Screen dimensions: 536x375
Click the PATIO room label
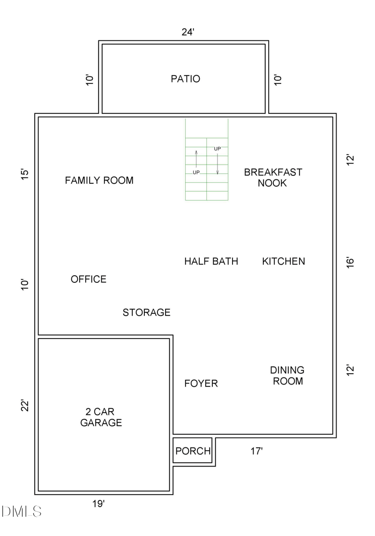(x=185, y=79)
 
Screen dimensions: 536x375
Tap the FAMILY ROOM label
(x=99, y=180)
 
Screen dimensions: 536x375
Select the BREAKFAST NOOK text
(x=273, y=178)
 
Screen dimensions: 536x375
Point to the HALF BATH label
(x=211, y=261)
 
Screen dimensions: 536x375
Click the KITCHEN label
(x=283, y=261)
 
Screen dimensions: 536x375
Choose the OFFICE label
(x=89, y=279)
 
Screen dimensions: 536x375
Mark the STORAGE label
(x=146, y=312)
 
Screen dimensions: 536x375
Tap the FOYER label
(x=201, y=384)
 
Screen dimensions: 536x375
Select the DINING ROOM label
(x=287, y=376)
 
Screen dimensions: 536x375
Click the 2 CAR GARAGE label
(x=101, y=417)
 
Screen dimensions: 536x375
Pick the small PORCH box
(x=193, y=451)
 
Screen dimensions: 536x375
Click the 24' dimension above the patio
(x=188, y=32)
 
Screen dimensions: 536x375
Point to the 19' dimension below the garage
(x=98, y=504)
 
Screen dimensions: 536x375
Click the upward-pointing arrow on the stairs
(x=196, y=159)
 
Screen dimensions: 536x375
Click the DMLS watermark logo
(x=22, y=511)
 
